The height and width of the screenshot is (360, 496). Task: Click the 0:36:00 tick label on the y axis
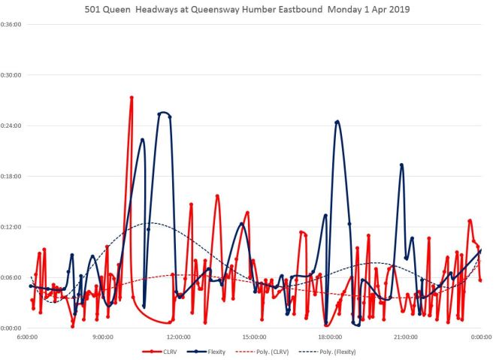(11, 24)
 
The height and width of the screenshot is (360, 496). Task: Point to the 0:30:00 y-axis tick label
(11, 75)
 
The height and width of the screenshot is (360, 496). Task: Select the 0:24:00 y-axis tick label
(11, 126)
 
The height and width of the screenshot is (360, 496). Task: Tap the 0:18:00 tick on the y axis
(11, 176)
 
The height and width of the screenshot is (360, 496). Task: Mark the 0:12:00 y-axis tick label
(11, 227)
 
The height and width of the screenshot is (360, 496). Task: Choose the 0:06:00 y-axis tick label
(11, 277)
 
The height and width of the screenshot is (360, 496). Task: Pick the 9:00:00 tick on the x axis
(103, 337)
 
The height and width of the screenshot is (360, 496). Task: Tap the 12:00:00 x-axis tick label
(178, 337)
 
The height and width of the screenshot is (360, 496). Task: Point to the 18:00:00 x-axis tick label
(329, 337)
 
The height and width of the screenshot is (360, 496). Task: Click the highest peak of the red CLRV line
(132, 97)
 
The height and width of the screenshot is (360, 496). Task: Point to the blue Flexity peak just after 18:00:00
(337, 121)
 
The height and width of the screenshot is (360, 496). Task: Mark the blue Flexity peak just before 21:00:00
(401, 165)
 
